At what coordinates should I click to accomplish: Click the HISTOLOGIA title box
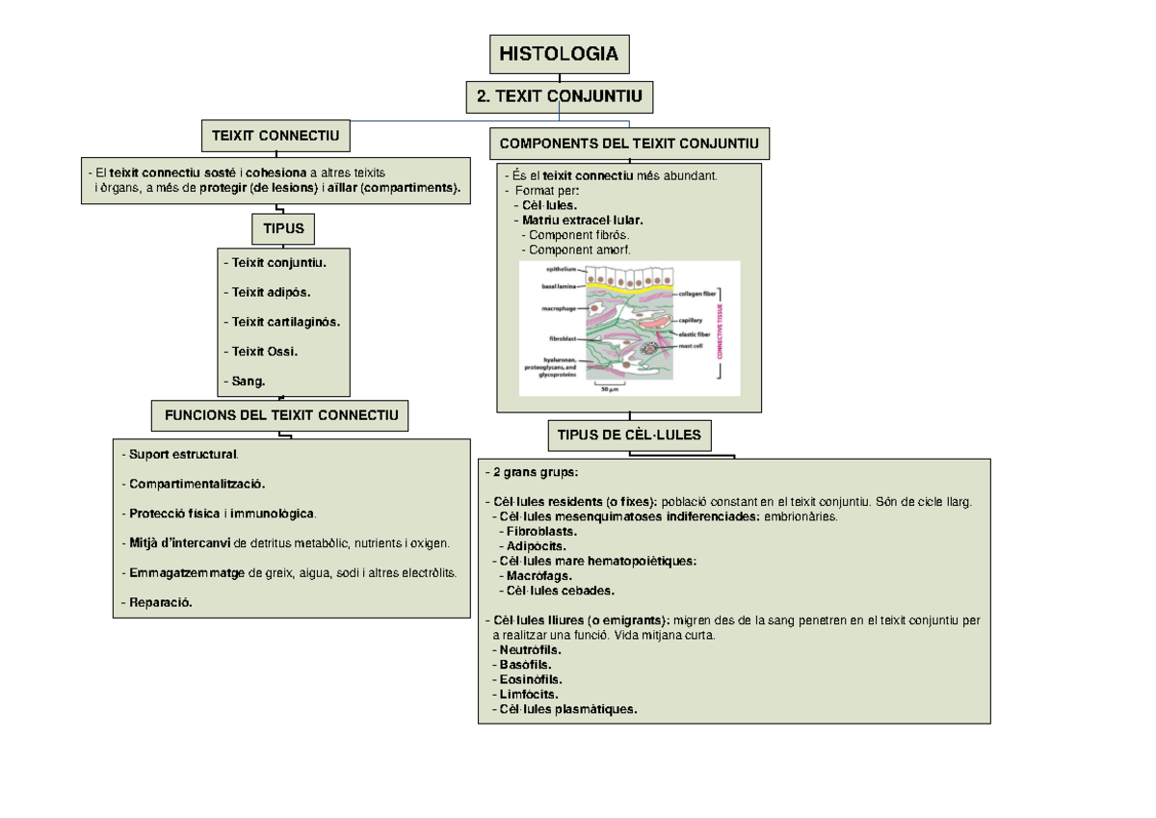(x=559, y=54)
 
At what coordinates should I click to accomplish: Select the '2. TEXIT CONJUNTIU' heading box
(x=559, y=96)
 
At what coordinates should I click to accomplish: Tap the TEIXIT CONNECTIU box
(x=276, y=137)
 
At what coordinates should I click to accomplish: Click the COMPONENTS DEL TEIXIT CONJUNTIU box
(x=629, y=145)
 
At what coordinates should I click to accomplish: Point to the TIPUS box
(x=277, y=229)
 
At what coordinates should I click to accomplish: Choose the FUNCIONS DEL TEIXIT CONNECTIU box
(x=280, y=416)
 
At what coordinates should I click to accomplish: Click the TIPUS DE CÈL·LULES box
(x=629, y=435)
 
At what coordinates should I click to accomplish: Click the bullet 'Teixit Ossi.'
(x=261, y=352)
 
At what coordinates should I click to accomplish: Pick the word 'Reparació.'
(x=158, y=603)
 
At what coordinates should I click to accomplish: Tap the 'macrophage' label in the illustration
(x=558, y=309)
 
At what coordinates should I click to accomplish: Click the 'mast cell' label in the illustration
(x=690, y=345)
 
